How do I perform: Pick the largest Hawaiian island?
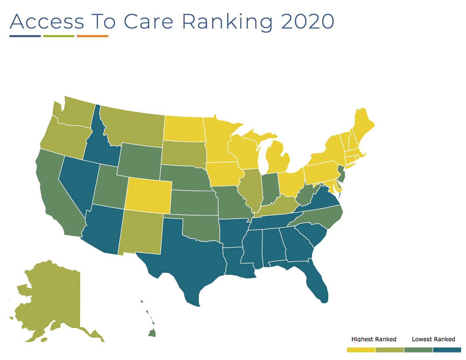click(152, 333)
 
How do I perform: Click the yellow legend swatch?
click(361, 350)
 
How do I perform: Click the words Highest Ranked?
click(374, 339)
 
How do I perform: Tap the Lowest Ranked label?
click(433, 339)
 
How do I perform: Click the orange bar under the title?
click(92, 36)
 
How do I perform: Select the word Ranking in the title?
click(227, 22)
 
